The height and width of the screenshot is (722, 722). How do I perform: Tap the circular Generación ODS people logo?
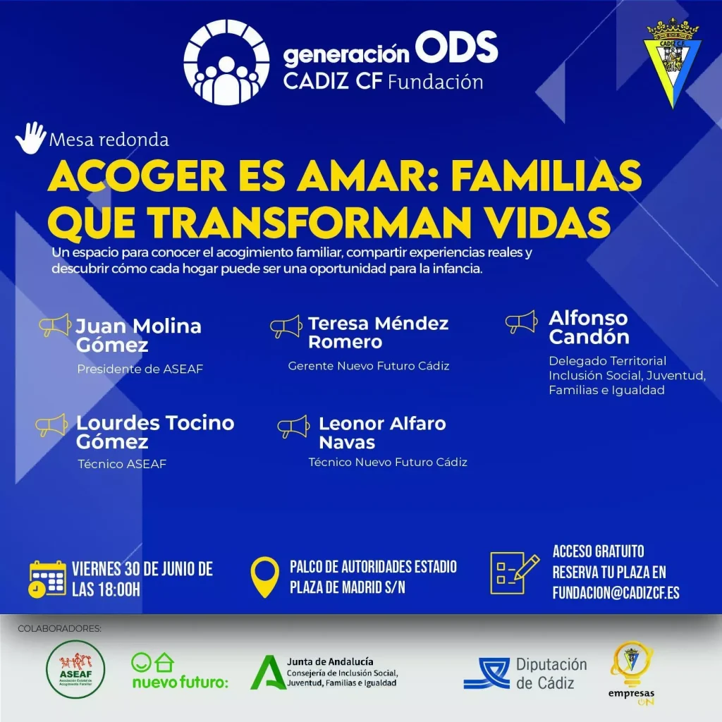pos(226,62)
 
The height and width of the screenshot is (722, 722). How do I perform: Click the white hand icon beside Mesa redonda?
pos(31,137)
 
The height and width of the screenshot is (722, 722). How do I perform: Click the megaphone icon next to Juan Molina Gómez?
pos(55,325)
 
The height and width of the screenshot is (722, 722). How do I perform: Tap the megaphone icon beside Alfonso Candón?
pos(521,322)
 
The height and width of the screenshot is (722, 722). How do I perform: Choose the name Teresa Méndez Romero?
pos(378,333)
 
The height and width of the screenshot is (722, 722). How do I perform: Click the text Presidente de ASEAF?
pos(140,369)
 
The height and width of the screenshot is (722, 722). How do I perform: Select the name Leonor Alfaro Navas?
pos(382,433)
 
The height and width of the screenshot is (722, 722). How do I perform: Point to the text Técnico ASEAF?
pos(122,464)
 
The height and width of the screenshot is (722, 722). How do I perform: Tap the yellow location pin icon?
pos(265,577)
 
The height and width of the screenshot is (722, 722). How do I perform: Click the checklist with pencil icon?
pos(514,573)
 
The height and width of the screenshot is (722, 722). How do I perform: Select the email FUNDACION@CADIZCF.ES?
pos(616,592)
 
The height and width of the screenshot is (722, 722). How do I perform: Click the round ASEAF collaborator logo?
pos(75,669)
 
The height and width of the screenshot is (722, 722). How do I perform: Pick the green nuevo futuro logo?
pos(180,671)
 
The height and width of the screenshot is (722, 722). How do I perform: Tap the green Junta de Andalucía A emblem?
pos(267,673)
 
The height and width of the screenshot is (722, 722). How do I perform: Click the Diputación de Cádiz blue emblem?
pos(487,673)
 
